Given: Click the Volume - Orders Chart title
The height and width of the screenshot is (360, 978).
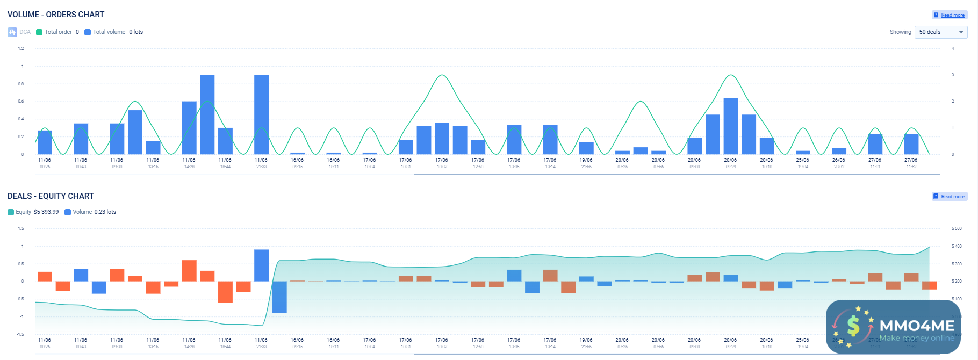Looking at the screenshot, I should [56, 15].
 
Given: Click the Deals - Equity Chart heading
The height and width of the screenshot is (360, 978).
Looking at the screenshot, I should [51, 196].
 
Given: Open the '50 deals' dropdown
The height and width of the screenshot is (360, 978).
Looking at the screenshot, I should [940, 32].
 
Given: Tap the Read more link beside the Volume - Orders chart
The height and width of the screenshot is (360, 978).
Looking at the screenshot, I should [952, 15].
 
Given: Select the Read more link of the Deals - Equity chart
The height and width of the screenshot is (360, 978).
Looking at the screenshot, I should [952, 197].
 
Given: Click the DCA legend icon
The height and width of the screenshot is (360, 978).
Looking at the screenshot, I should [12, 32].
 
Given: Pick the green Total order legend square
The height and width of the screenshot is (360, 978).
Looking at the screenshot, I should [39, 32].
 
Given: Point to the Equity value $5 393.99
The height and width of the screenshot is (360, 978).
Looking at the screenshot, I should [46, 212].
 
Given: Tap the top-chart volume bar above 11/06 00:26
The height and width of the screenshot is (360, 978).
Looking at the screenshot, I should [45, 142].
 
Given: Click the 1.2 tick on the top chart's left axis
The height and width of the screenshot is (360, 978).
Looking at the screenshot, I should [21, 48].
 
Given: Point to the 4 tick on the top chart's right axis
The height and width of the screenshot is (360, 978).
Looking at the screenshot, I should [953, 48].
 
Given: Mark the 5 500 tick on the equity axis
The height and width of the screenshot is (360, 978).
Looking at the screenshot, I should [957, 229].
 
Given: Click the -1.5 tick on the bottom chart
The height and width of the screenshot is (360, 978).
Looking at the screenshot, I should [20, 334].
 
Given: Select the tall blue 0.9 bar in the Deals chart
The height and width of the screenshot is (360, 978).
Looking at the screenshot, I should [261, 265].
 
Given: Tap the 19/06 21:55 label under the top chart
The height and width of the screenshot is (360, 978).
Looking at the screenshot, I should [586, 163].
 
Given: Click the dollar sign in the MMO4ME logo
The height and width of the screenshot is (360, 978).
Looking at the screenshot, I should [853, 326].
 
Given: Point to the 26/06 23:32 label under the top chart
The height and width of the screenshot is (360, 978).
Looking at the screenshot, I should [838, 163].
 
